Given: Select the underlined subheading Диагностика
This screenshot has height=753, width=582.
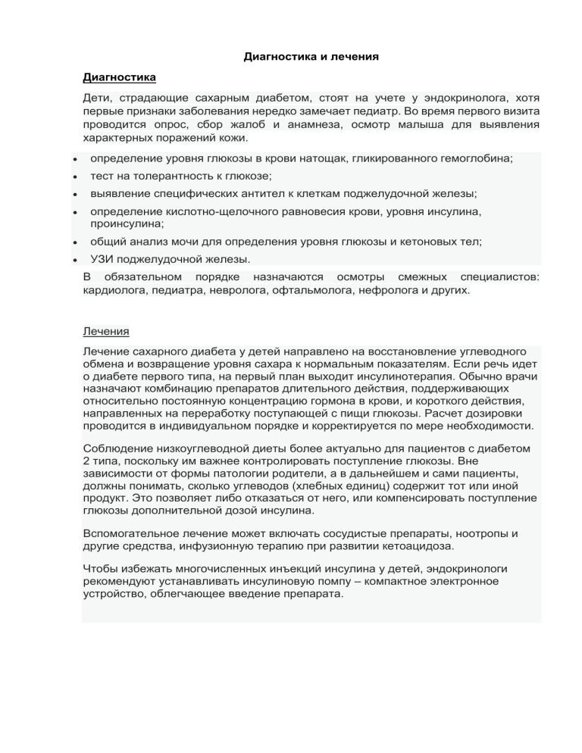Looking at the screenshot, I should [x=120, y=77].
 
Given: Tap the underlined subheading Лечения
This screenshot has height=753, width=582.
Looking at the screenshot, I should [x=105, y=331].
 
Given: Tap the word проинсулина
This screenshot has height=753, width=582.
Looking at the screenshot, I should [x=126, y=223].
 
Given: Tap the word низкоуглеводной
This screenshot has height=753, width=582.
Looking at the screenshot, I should [x=201, y=448].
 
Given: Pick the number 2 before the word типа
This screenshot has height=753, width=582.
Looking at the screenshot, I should [x=86, y=461].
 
